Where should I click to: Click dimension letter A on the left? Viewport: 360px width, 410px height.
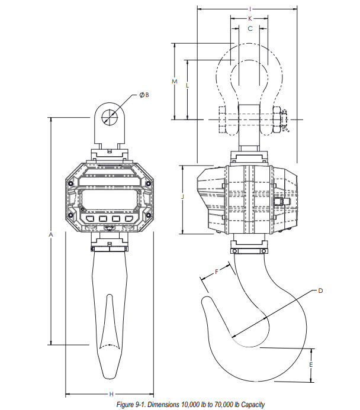point(51,234)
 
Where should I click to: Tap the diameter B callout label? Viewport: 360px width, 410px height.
point(144,95)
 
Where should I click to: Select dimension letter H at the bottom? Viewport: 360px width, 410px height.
point(111,394)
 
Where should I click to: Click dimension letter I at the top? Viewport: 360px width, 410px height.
point(250,9)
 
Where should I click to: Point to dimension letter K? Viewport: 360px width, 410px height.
point(250,18)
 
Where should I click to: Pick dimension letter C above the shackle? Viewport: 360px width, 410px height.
point(250,28)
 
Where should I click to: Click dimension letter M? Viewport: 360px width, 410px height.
point(175,81)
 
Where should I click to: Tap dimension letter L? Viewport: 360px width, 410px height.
point(187,86)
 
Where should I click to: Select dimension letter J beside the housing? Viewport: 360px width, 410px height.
point(182,196)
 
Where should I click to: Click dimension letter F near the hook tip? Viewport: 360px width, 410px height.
point(217,272)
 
